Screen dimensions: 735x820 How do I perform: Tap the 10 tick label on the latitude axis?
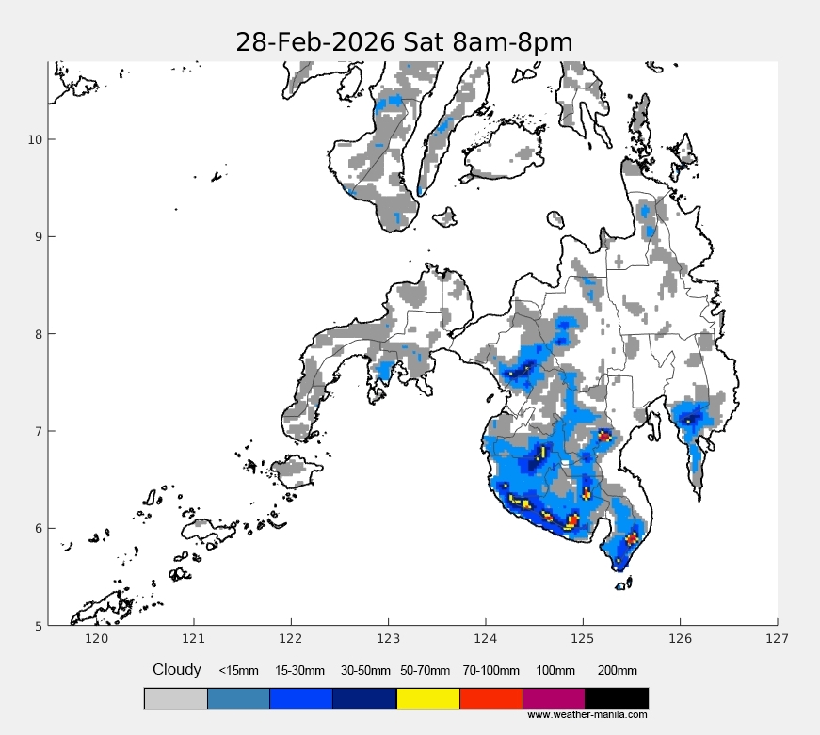(x=34, y=139)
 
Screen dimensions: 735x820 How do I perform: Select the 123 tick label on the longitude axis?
(x=388, y=639)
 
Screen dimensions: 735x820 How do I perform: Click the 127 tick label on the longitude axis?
(x=778, y=639)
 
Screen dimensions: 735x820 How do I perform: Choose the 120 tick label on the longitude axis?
(x=96, y=639)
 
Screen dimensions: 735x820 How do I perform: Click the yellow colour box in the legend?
(x=428, y=698)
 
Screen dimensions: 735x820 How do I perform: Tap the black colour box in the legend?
(x=617, y=698)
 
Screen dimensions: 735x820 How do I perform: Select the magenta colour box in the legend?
(x=554, y=698)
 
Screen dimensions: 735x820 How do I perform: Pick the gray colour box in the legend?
(x=175, y=698)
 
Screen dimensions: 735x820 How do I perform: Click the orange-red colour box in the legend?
(x=490, y=698)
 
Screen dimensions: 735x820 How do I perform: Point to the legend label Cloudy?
(x=177, y=670)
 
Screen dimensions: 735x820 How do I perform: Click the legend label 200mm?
(x=618, y=671)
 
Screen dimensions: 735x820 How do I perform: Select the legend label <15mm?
(x=238, y=671)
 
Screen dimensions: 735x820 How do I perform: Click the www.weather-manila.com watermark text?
(x=587, y=715)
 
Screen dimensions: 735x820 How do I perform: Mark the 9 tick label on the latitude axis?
(x=37, y=236)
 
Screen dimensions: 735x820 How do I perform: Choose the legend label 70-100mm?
(x=490, y=671)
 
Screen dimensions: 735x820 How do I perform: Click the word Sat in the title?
(x=428, y=43)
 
